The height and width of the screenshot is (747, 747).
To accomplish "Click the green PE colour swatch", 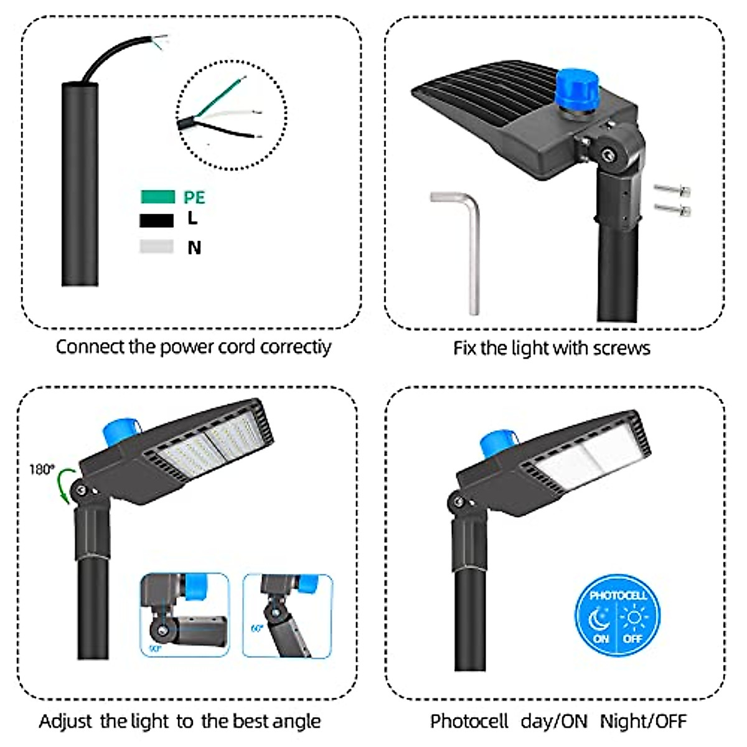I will click(157, 197).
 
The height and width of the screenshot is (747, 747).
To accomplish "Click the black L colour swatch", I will click(156, 220).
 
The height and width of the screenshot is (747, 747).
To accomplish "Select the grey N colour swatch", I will click(156, 247).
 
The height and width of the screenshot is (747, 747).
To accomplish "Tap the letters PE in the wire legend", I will click(194, 197).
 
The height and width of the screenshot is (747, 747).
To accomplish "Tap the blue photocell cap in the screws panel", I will click(576, 92).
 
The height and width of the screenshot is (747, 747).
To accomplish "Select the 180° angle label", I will click(42, 469).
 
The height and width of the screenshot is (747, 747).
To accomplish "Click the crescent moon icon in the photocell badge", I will click(599, 619).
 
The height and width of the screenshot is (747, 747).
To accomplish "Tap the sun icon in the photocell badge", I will click(634, 618).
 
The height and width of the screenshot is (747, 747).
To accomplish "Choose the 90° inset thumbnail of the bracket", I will click(184, 615).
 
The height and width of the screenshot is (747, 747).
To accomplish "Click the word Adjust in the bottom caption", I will click(65, 721).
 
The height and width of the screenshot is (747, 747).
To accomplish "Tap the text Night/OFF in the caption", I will click(643, 721).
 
